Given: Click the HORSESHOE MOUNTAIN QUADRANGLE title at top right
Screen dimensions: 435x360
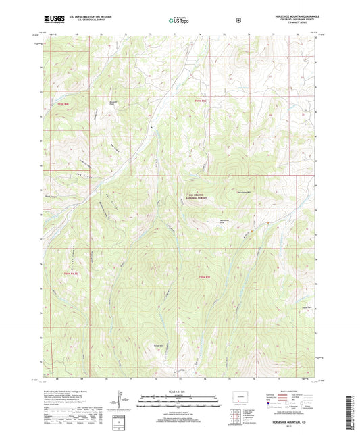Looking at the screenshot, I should point(295,15).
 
